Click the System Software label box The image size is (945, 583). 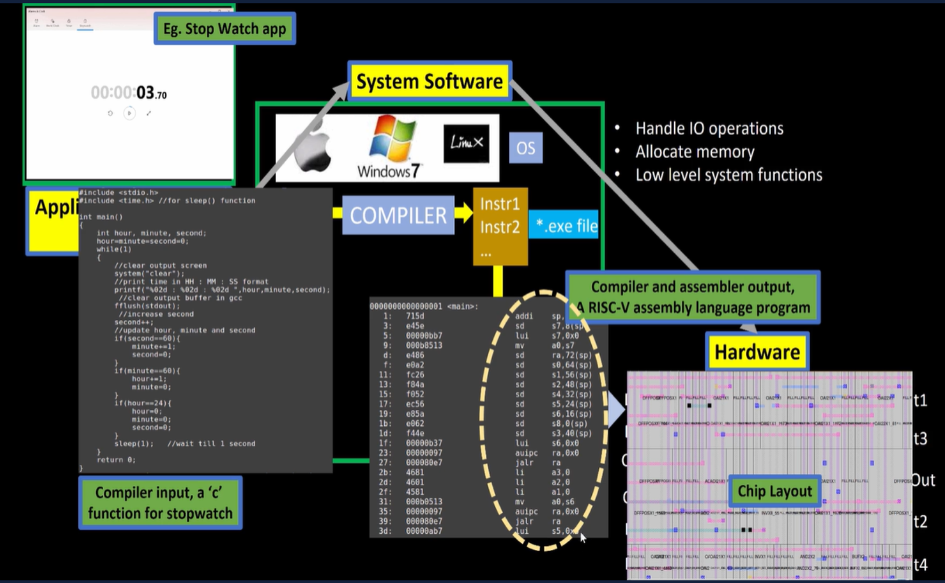coord(430,81)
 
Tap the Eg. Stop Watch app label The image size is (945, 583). coord(224,29)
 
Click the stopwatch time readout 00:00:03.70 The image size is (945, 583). coord(129,93)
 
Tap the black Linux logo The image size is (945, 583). coord(466,143)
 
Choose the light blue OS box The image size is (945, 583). coord(525,148)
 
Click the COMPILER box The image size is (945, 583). coord(398,215)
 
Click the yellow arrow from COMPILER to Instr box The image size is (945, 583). coord(464,213)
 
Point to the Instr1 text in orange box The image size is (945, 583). coord(500,203)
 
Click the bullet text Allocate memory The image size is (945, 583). coord(695,152)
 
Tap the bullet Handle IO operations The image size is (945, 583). coord(709,128)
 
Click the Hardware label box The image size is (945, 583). coord(757,352)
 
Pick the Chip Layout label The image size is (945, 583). coord(775,491)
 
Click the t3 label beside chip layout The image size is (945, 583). coord(920,439)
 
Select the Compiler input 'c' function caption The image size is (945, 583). coord(160,502)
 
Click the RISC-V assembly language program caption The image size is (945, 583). coord(693,297)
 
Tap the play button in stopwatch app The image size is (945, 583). coord(129,113)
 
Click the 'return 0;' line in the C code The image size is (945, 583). coord(116,460)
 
